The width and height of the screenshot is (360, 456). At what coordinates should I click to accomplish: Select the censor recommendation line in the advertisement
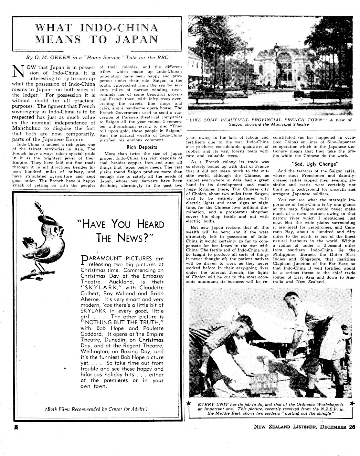(96, 409)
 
